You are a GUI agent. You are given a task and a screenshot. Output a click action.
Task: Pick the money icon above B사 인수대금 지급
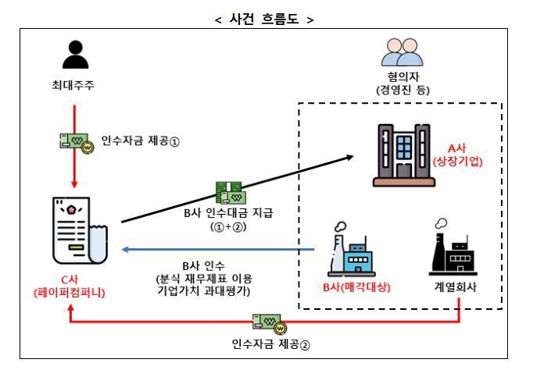(232, 193)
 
